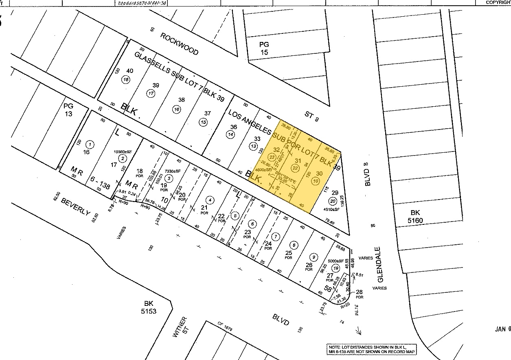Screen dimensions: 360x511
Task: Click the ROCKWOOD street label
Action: click(179, 44)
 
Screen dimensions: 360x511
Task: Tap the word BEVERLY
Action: click(75, 207)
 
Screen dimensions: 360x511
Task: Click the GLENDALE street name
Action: click(381, 265)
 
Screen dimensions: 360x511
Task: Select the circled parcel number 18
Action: click(126, 80)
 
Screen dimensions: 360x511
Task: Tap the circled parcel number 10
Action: click(315, 182)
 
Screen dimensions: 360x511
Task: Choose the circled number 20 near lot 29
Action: click(333, 201)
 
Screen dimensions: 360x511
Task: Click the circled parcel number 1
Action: click(90, 144)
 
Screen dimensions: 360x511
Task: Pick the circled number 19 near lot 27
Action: click(335, 268)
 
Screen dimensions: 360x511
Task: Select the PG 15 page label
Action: click(265, 48)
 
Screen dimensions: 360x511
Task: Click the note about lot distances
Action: click(372, 349)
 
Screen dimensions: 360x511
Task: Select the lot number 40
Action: click(130, 70)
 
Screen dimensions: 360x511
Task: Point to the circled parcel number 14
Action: click(230, 134)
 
